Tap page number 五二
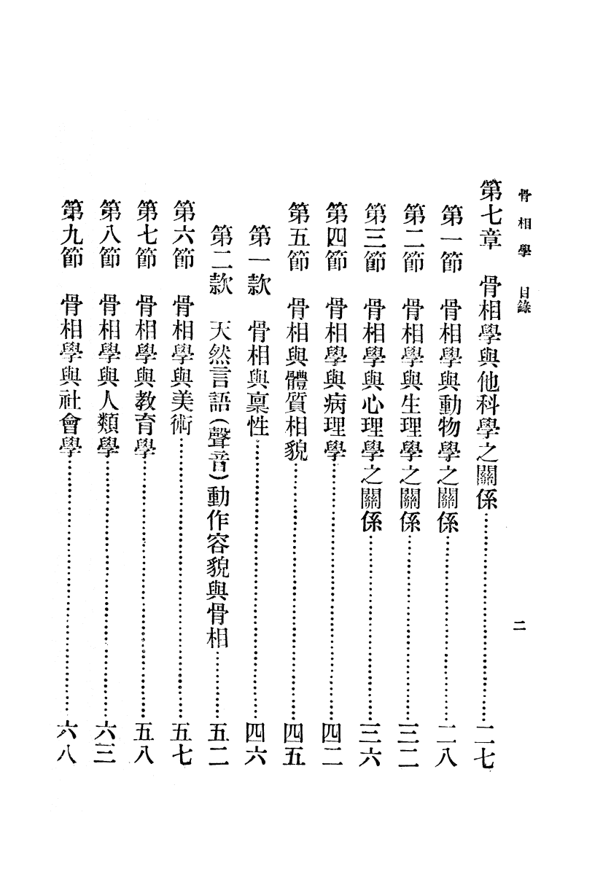[x=217, y=744]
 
